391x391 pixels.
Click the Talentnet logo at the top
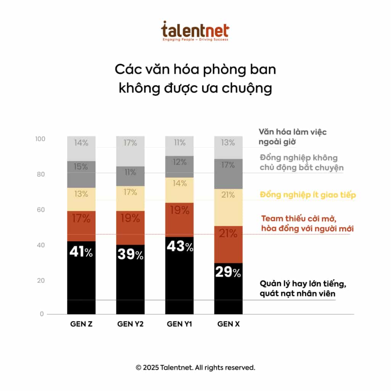195,31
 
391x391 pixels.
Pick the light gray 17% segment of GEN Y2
130,151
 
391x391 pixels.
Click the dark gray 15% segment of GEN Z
81,174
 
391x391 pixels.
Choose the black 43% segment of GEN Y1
179,275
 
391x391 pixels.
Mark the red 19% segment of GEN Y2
130,228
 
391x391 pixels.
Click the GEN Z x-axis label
81,325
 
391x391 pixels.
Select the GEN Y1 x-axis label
179,325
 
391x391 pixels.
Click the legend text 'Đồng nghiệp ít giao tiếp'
308,195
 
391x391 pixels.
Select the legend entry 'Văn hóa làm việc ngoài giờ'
292,137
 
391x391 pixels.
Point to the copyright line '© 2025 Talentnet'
195,368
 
